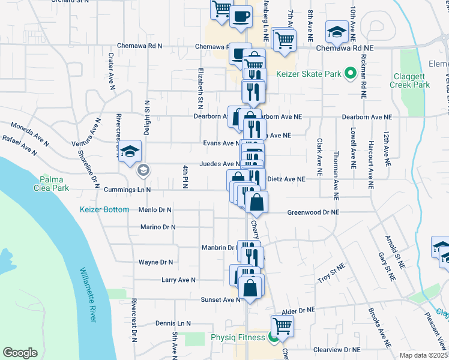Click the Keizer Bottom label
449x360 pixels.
(104, 209)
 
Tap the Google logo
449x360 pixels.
(20, 353)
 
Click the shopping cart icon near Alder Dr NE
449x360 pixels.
(282, 326)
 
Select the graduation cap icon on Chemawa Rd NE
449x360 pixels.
(336, 31)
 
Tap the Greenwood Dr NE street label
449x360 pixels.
(313, 212)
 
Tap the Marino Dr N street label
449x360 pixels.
(157, 227)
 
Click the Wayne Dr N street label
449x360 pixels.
(155, 262)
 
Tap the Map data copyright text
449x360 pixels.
(423, 355)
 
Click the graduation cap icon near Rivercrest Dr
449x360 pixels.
(129, 152)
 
